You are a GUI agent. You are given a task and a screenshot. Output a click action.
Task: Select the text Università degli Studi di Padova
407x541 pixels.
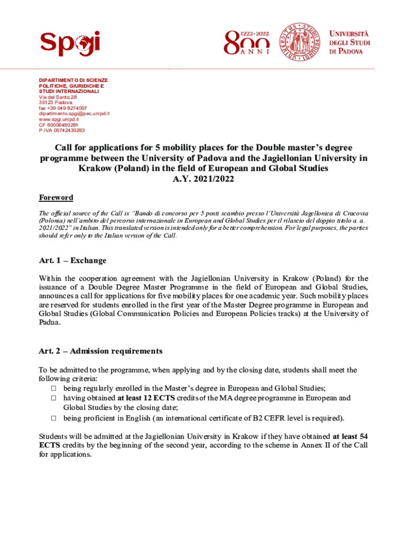349,42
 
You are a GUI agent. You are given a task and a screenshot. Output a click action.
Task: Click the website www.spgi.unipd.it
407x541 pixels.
58,119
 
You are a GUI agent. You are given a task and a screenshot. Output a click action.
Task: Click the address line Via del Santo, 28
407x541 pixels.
58,97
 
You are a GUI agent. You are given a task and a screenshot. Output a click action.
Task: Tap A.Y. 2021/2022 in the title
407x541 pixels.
203,179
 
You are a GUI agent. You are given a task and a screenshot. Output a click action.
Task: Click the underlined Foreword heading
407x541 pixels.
56,198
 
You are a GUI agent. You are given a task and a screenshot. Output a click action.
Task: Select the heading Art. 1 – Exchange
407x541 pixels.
72,260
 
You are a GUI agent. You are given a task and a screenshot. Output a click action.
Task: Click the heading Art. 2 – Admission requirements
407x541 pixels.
100,351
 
